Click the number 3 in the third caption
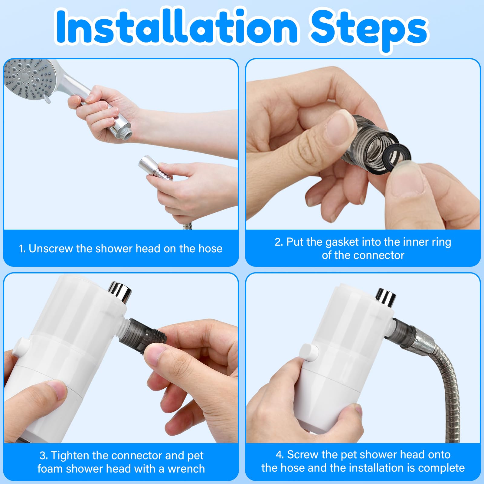tap(43, 455)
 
